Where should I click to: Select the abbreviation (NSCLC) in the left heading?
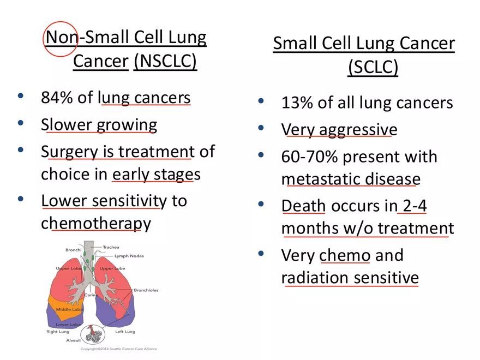point(165,62)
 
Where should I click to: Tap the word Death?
point(303,206)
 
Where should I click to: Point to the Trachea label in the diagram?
point(111,247)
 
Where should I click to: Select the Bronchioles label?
point(146,290)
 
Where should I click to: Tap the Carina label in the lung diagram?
point(91,295)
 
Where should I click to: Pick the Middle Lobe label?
point(69,309)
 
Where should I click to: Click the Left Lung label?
point(125,332)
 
